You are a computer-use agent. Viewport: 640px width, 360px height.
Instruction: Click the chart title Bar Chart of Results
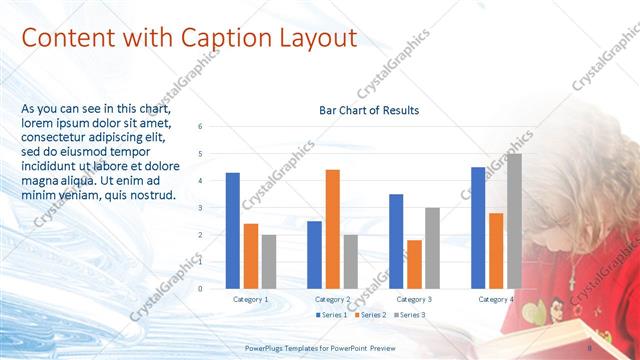[x=369, y=110]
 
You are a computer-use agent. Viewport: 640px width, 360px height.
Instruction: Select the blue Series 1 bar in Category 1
[x=233, y=230]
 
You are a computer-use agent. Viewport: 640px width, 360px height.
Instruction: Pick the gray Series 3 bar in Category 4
[x=514, y=221]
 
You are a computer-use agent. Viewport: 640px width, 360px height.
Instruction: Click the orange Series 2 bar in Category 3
[x=414, y=264]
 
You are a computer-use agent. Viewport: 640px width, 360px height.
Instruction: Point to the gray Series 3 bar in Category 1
[x=269, y=261]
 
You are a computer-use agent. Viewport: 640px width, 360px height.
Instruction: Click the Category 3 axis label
[x=414, y=299]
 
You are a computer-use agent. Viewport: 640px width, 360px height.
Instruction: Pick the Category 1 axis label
[x=251, y=299]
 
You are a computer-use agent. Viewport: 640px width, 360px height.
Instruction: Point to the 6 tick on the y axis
[x=201, y=127]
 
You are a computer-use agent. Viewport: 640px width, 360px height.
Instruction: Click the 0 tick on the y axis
[x=201, y=288]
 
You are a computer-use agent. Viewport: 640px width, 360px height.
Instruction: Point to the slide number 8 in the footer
[x=590, y=347]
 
